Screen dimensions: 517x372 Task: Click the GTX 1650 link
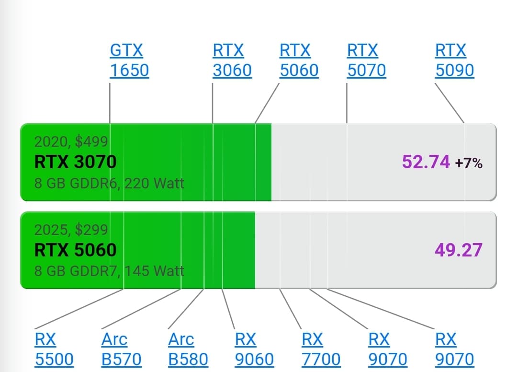click(129, 60)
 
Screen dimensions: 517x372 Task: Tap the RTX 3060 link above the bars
click(232, 60)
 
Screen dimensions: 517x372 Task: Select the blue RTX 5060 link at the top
click(299, 60)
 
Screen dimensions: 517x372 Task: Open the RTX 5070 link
click(366, 60)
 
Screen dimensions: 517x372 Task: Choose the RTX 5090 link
click(455, 60)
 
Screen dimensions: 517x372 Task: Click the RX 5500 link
click(54, 349)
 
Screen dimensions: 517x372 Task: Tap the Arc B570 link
click(121, 349)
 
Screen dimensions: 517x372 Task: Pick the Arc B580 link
click(188, 349)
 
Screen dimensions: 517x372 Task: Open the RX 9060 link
click(254, 349)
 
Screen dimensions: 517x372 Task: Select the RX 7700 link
click(321, 349)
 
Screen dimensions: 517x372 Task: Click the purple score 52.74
click(426, 162)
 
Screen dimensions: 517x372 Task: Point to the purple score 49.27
click(459, 250)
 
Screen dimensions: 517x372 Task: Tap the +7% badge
click(469, 163)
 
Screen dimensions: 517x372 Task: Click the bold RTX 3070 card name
click(76, 162)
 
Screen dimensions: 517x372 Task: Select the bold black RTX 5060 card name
click(76, 250)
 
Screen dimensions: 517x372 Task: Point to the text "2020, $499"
click(71, 141)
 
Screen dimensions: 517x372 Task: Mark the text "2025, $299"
click(71, 230)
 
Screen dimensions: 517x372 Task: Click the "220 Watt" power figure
click(154, 183)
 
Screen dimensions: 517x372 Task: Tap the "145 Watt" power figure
click(154, 271)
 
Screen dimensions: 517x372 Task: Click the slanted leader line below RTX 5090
click(450, 103)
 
